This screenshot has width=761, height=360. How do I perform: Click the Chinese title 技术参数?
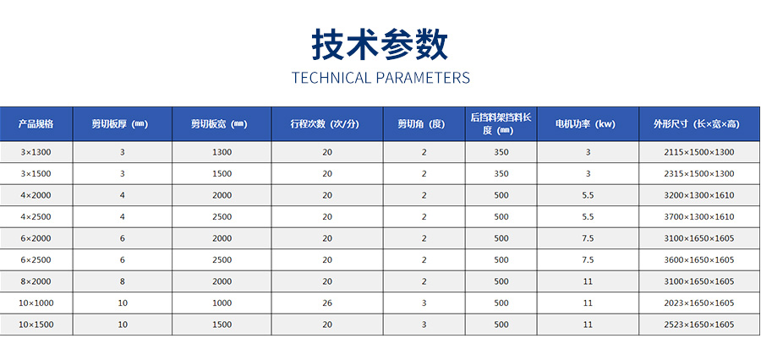coord(380,45)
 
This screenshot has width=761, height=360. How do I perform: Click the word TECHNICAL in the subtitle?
coord(331,78)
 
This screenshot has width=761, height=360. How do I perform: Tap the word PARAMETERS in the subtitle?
coord(424,78)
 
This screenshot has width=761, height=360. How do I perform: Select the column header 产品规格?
coord(36,123)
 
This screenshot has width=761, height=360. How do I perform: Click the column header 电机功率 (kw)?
coord(588,123)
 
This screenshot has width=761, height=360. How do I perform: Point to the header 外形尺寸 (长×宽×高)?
coord(699,123)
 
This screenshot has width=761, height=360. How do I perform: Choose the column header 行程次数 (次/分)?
coord(327,123)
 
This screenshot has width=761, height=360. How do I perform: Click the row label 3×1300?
coord(36,152)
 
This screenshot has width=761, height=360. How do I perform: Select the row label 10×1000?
coord(36,303)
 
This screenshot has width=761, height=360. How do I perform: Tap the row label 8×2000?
coord(36,281)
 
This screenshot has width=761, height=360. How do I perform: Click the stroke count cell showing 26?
coord(327,303)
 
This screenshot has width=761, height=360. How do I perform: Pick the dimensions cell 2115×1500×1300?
coord(699,152)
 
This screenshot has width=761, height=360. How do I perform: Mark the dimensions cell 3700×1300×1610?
coord(699,217)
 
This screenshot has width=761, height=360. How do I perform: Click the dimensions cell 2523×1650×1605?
coord(699,325)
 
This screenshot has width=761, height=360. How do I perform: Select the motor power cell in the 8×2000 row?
coord(588,281)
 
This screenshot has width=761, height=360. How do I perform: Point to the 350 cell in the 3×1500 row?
coord(501,174)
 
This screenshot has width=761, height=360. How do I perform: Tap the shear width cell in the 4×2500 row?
coord(222,217)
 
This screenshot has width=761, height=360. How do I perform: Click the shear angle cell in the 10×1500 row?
coord(424,325)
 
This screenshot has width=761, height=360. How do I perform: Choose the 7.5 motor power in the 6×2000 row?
coord(588,238)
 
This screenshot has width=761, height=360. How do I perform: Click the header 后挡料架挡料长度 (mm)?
coord(501,123)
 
